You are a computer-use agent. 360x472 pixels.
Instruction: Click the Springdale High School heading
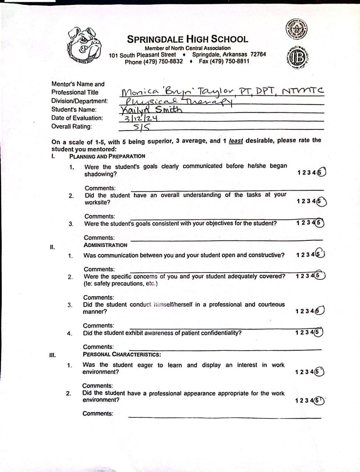[188, 39]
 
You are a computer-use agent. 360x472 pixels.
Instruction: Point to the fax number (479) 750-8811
[224, 61]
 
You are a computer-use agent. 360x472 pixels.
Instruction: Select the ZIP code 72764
[258, 54]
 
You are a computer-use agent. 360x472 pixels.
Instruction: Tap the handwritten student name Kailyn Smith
[151, 110]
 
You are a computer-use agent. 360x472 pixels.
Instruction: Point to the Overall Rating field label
[71, 126]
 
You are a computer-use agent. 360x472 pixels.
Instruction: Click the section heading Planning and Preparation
[107, 156]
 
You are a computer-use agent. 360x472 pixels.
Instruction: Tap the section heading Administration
[105, 245]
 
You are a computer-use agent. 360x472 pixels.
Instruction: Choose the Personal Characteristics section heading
[122, 355]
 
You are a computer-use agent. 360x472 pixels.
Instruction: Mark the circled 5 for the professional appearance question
[319, 400]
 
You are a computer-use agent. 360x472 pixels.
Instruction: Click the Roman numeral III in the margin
[52, 355]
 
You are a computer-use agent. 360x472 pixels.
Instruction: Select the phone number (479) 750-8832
[154, 62]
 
